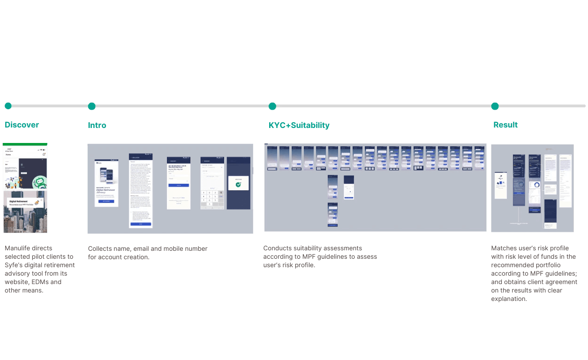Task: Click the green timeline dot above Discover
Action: (8, 106)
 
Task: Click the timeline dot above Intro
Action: (92, 106)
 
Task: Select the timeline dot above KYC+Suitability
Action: (272, 106)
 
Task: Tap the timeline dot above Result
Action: (495, 106)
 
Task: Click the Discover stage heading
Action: (22, 125)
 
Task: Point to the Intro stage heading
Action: (97, 125)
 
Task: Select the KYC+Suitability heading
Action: (299, 125)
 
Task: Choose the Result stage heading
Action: (505, 125)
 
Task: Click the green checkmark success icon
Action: (239, 185)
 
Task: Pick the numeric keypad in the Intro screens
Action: (212, 199)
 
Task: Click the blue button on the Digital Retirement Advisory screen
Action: (106, 201)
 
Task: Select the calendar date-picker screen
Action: (348, 189)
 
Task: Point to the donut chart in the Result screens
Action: (536, 185)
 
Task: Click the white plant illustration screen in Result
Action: (501, 185)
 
